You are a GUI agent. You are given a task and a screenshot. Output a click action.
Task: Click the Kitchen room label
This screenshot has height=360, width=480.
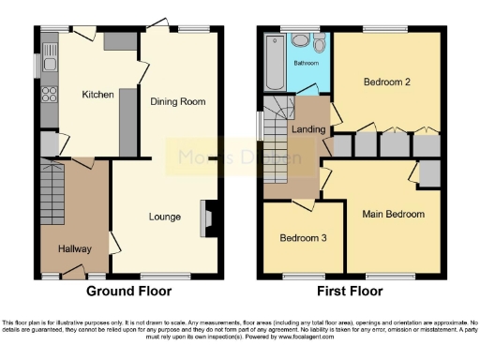point(97,95)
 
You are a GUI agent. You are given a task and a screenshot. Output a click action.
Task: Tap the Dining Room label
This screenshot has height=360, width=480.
point(177,101)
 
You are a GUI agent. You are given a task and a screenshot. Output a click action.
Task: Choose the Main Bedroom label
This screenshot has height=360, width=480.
point(394,214)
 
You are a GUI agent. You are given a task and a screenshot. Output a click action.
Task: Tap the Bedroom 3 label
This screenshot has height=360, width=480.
point(303,238)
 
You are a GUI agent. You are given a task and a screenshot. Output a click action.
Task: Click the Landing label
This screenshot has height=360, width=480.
point(308,129)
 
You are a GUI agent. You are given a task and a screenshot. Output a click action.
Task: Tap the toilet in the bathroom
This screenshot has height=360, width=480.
point(300,41)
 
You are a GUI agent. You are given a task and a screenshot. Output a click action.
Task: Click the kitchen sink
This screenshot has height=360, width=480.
point(49,47)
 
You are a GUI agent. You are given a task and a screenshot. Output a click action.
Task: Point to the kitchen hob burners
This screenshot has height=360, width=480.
point(49,93)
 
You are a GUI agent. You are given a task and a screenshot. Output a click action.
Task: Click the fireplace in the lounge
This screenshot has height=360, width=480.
point(207,218)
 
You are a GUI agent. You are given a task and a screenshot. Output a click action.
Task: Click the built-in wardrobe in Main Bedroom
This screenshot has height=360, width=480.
point(429,173)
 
